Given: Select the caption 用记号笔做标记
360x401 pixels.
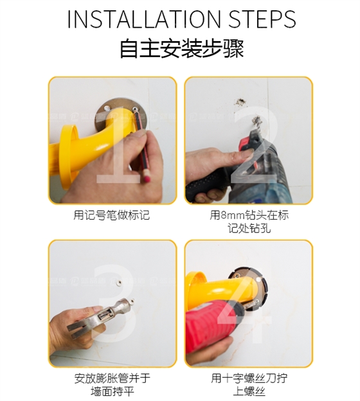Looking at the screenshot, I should [x=112, y=215].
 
